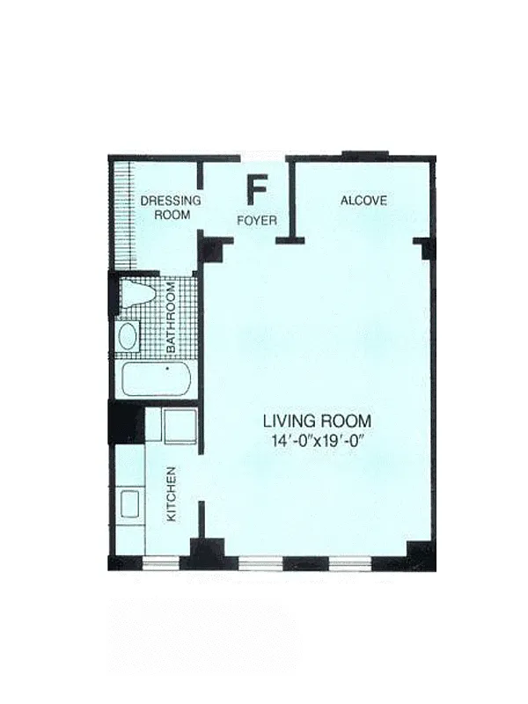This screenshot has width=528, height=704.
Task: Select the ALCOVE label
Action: [x=363, y=201]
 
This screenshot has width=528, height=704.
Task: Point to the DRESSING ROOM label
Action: [x=170, y=207]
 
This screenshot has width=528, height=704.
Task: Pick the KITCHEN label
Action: [x=172, y=494]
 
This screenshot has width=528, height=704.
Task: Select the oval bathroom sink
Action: [x=128, y=336]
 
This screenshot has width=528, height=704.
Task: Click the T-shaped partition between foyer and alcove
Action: [x=290, y=237]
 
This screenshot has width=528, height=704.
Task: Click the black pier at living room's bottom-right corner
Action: [x=421, y=555]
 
